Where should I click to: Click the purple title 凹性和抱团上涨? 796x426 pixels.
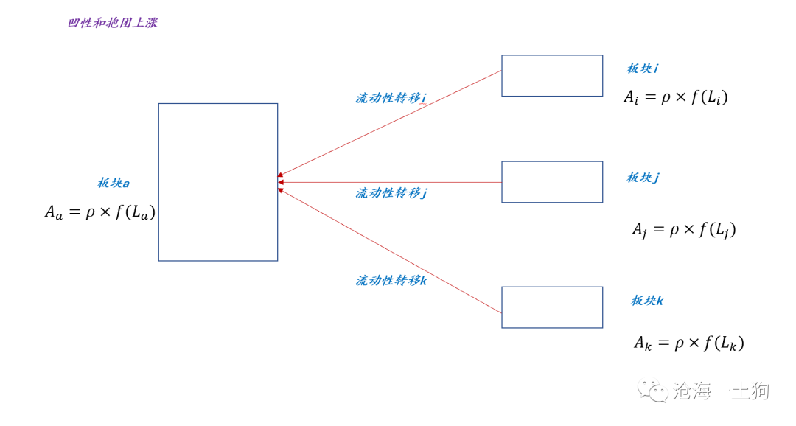point(113,23)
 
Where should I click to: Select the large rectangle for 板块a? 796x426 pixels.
point(158,182)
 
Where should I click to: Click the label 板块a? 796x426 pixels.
point(114,184)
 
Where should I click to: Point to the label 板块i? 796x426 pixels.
point(643,69)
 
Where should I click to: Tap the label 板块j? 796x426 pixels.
point(643,178)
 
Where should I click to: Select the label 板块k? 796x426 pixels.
point(647,301)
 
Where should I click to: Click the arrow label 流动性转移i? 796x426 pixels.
point(391,98)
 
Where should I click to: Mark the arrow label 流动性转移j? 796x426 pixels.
point(391,193)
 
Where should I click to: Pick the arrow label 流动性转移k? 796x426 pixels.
point(391,280)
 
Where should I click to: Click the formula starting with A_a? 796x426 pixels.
point(100,212)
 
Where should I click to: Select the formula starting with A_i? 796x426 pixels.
point(676,97)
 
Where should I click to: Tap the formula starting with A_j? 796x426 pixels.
point(684,229)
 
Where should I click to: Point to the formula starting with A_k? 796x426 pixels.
point(689,343)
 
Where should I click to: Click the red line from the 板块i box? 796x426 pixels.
point(390,123)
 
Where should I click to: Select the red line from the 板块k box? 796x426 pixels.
point(390,251)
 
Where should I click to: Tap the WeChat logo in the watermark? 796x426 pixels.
point(652,391)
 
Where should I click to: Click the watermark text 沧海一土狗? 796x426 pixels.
point(721,391)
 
